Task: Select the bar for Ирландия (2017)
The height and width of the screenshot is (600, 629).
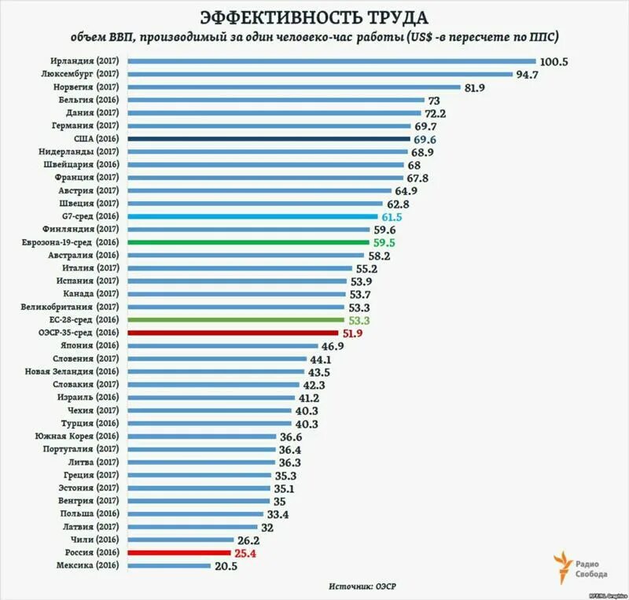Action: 330,61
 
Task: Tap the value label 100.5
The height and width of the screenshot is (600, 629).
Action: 554,61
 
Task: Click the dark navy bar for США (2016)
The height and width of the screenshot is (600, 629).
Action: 267,138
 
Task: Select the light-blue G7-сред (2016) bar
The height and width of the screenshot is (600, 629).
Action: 252,216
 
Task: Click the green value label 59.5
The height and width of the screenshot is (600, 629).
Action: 384,242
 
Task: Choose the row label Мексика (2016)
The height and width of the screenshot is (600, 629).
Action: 86,565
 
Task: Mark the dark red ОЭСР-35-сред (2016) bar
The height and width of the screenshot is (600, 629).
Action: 233,333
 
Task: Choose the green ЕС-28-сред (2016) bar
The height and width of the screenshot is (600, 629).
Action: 234,320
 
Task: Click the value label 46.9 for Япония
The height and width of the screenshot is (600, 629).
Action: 332,346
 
